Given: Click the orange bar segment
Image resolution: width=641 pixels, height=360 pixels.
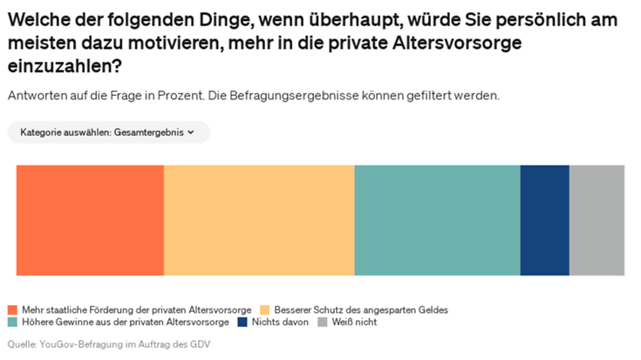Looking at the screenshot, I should (x=90, y=220).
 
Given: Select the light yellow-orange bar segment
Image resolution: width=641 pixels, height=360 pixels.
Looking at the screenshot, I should (x=259, y=220).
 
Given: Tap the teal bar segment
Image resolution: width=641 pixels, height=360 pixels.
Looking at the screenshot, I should (x=437, y=220).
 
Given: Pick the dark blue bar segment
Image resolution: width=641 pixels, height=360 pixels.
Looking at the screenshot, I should (x=544, y=220).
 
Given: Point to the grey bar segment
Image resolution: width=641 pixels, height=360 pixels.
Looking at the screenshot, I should (x=597, y=220).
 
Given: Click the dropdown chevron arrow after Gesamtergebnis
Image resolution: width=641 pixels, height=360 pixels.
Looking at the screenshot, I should (x=191, y=132).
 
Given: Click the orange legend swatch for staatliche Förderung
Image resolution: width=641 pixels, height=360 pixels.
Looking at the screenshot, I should (x=12, y=310).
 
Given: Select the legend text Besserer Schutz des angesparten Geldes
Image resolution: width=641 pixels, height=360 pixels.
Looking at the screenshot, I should (x=361, y=310).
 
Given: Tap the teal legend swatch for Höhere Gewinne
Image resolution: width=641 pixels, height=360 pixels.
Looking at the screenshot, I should (x=12, y=323).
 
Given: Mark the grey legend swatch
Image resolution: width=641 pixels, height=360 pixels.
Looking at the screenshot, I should (x=323, y=323).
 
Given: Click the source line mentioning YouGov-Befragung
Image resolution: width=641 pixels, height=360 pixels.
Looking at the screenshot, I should (x=109, y=344).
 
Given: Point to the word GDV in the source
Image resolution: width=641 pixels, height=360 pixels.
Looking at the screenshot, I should (x=201, y=344).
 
